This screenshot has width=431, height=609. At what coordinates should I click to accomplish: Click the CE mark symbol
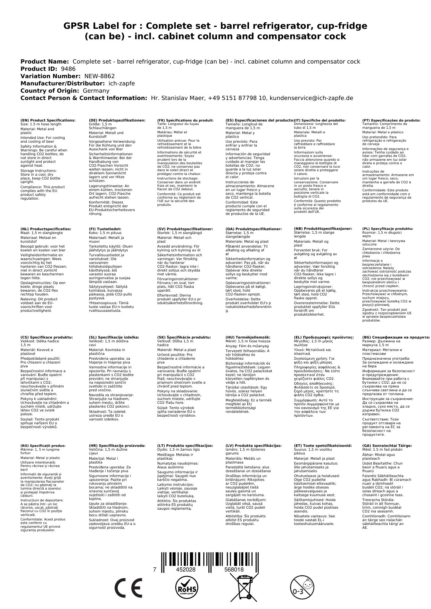(x=128, y=588)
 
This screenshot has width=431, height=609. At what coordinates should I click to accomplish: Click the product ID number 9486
(x=68, y=69)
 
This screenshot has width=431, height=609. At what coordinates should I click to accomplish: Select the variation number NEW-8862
(x=99, y=76)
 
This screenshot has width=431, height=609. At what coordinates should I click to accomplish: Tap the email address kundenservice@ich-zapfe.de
(x=311, y=98)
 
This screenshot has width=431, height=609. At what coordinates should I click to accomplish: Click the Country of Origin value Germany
(x=96, y=91)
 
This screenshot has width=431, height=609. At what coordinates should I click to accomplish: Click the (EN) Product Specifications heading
(x=48, y=120)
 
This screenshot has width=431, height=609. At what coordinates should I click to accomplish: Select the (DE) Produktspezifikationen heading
(x=117, y=120)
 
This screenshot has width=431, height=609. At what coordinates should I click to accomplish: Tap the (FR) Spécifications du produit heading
(x=185, y=120)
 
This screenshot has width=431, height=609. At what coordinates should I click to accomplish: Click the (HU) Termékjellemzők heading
(x=248, y=337)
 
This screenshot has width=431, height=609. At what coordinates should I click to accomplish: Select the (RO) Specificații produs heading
(x=43, y=445)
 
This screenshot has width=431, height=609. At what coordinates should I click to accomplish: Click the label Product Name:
(x=45, y=61)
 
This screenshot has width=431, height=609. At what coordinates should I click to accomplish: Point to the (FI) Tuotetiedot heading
(x=105, y=229)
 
